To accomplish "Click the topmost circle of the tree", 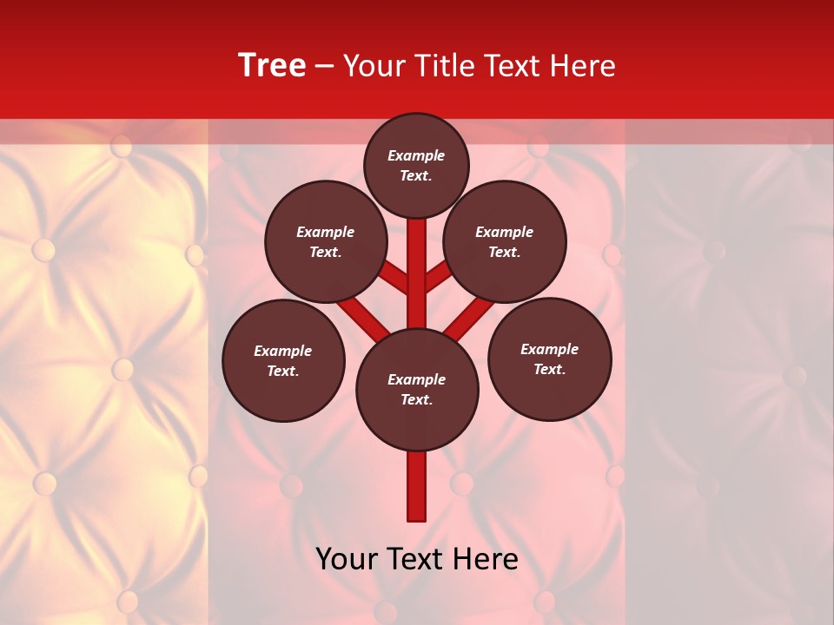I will click(416, 165).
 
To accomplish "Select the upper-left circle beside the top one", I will click(326, 241).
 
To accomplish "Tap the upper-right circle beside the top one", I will click(505, 241).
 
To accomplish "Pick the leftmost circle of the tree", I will click(283, 360).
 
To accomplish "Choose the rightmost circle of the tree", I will click(549, 359).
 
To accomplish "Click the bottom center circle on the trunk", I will click(417, 390).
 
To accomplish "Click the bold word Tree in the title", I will click(272, 65).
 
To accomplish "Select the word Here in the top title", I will click(581, 65).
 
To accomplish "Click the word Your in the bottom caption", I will click(347, 559).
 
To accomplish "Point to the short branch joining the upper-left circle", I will click(394, 279).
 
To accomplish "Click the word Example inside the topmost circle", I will click(416, 155).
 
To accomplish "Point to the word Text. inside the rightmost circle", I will click(549, 369).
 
